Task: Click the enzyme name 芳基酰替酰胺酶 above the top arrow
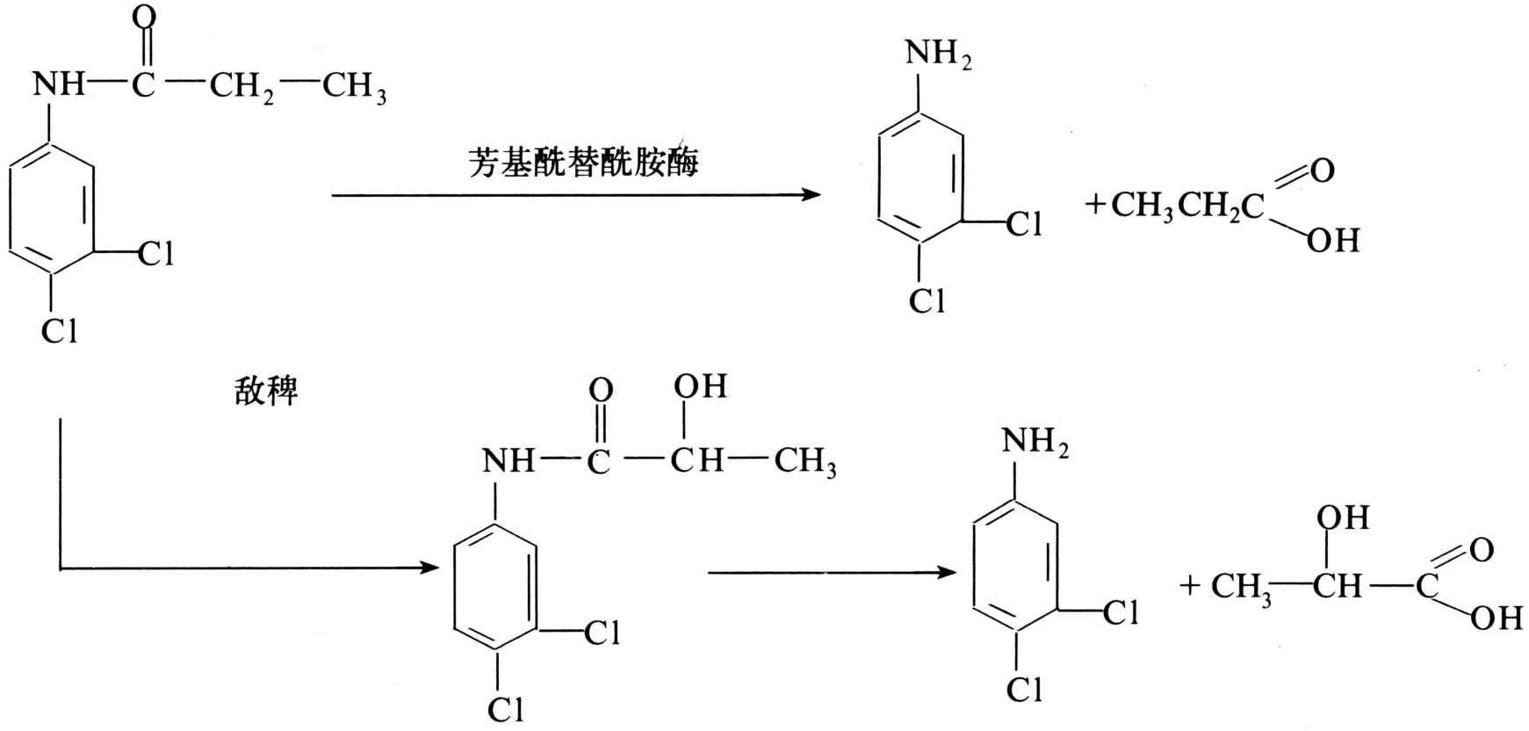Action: pos(583,163)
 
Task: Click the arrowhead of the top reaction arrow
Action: pos(810,194)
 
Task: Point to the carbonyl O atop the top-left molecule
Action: pos(146,18)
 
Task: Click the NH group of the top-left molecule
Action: pos(59,85)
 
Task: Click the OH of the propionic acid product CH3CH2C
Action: pos(1332,239)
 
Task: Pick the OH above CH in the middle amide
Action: pos(700,387)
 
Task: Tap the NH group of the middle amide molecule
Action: pos(508,460)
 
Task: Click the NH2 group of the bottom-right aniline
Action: pos(1035,442)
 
